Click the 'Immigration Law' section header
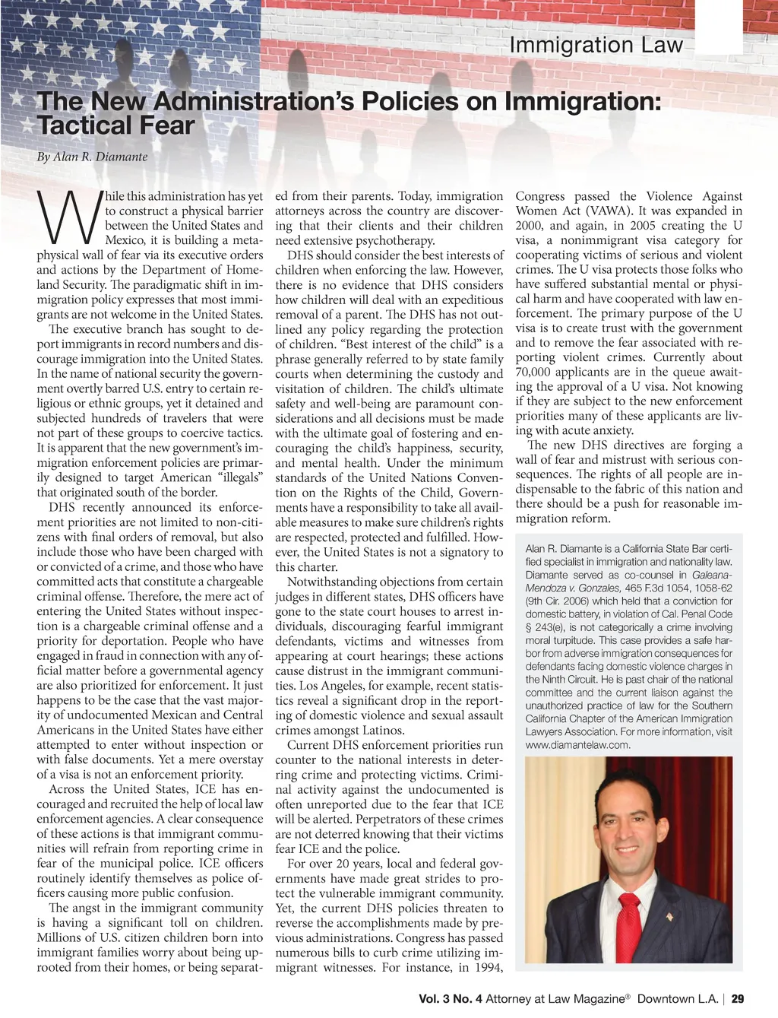(596, 46)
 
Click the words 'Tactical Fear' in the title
(116, 125)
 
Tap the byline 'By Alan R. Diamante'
(92, 157)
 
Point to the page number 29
(738, 998)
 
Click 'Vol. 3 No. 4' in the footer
(451, 998)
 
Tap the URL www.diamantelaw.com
(578, 744)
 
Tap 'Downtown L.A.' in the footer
(678, 998)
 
